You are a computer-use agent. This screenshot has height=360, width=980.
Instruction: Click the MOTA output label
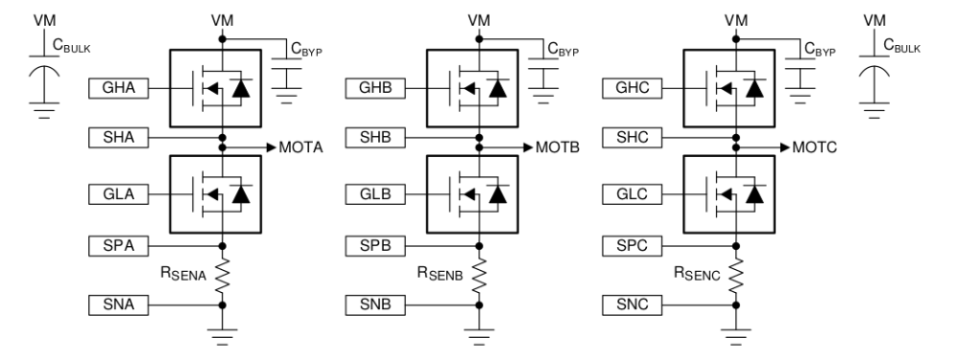click(304, 148)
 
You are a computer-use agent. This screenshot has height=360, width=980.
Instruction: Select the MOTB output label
click(561, 148)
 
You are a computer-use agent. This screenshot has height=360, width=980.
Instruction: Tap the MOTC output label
click(817, 148)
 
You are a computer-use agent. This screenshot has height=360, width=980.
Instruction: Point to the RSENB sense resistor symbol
click(479, 276)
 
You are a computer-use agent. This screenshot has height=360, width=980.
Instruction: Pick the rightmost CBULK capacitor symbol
click(870, 76)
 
